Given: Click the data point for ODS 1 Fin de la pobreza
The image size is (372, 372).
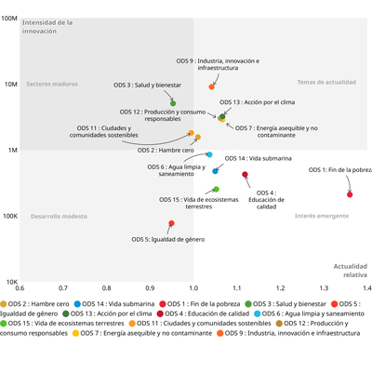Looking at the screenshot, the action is pyautogui.click(x=350, y=194).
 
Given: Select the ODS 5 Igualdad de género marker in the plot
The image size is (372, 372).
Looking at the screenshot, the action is pyautogui.click(x=171, y=223).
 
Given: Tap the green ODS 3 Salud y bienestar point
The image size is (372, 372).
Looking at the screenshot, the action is pyautogui.click(x=173, y=103).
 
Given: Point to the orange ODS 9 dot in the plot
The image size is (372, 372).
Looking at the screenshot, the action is pyautogui.click(x=211, y=86).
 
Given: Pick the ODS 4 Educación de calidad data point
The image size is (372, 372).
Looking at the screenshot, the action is pyautogui.click(x=245, y=175).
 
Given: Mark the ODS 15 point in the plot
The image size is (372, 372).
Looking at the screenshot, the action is pyautogui.click(x=217, y=189).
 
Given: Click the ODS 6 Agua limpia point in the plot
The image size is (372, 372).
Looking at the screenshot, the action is pyautogui.click(x=209, y=154).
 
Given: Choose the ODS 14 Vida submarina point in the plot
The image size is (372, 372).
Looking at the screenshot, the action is pyautogui.click(x=215, y=171).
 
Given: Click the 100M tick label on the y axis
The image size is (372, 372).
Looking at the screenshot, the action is pyautogui.click(x=9, y=19).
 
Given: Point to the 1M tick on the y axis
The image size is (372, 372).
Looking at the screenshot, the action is pyautogui.click(x=13, y=150).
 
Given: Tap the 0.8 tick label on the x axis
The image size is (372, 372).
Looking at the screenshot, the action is pyautogui.click(x=107, y=288).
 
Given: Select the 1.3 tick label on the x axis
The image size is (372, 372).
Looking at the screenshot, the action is pyautogui.click(x=324, y=288).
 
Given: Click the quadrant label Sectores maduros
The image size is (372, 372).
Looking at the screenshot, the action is pyautogui.click(x=52, y=84).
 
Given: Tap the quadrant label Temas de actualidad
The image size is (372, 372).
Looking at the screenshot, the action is pyautogui.click(x=326, y=82).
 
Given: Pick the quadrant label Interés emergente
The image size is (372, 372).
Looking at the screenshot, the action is pyautogui.click(x=322, y=216).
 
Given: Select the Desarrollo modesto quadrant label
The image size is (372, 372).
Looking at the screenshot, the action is pyautogui.click(x=59, y=217).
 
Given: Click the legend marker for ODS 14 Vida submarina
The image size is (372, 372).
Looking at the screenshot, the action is pyautogui.click(x=77, y=304).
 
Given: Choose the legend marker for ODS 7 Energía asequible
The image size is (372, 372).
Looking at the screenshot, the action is pyautogui.click(x=75, y=333).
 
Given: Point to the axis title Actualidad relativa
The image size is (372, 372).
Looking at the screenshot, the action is pyautogui.click(x=351, y=271).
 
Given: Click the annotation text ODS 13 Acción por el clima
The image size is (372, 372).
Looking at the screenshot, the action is pyautogui.click(x=258, y=102).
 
